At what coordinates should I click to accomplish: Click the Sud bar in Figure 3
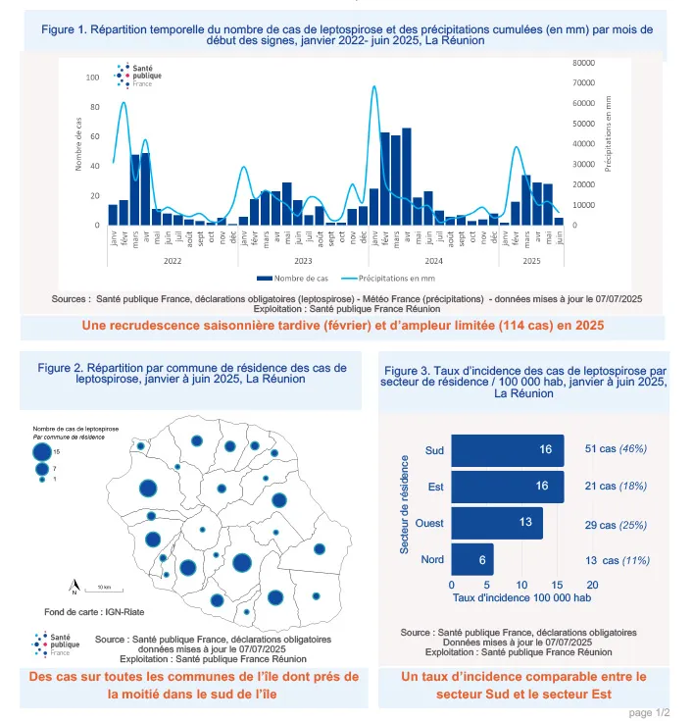pyautogui.click(x=507, y=450)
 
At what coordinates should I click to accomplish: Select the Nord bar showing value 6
pyautogui.click(x=471, y=560)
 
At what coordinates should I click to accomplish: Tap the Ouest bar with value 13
pyautogui.click(x=496, y=523)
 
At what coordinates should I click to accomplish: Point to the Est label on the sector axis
pyautogui.click(x=434, y=487)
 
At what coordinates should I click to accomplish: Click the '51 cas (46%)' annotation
pyautogui.click(x=615, y=449)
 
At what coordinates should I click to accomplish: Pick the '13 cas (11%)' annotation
pyautogui.click(x=615, y=560)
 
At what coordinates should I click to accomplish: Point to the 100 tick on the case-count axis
pyautogui.click(x=92, y=77)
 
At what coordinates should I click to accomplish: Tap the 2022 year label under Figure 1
pyautogui.click(x=172, y=260)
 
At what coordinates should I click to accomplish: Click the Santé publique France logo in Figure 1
pyautogui.click(x=137, y=75)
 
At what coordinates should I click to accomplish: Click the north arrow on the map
pyautogui.click(x=74, y=589)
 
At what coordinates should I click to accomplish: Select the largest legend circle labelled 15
pyautogui.click(x=41, y=452)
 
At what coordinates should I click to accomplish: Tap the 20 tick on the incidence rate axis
pyautogui.click(x=592, y=584)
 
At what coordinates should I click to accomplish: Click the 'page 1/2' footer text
pyautogui.click(x=648, y=711)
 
